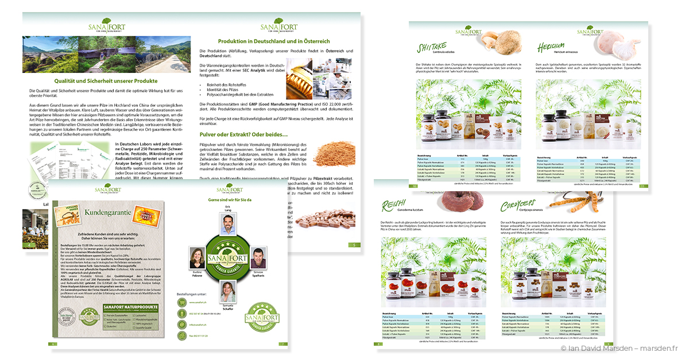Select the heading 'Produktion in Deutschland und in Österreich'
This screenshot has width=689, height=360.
274,41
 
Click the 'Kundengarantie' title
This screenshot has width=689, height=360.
109,212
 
